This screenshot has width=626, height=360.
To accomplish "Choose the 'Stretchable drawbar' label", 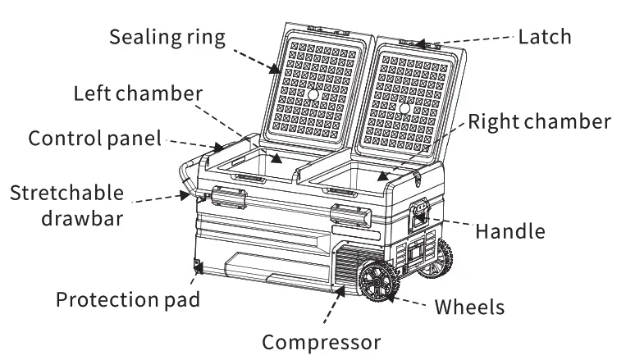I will [67, 204].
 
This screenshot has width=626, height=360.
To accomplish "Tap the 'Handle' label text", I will [509, 231].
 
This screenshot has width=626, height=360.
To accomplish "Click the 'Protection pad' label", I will [128, 298].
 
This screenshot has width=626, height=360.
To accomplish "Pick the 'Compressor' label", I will [320, 339].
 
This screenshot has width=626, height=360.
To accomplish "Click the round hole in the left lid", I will [313, 96].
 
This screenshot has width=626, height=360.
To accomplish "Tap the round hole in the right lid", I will [404, 108].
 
